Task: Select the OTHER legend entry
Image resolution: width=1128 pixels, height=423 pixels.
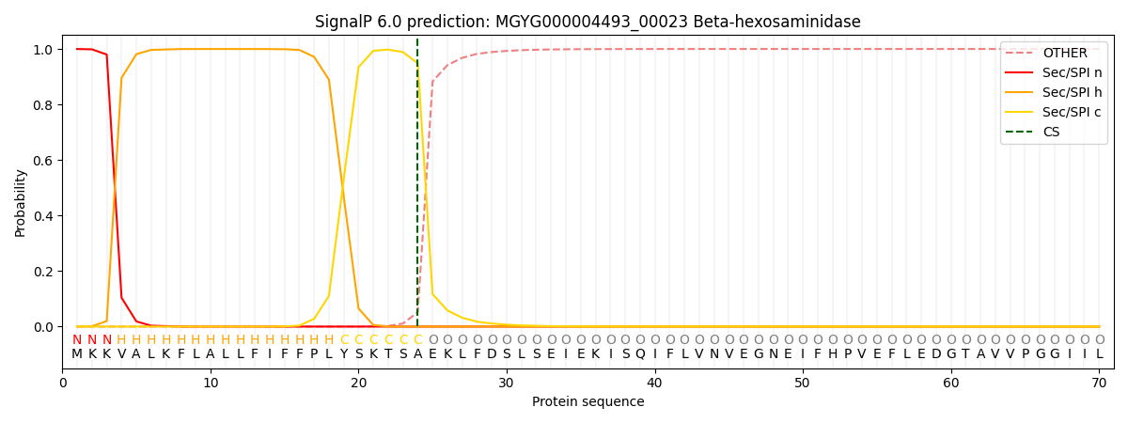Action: (x=1064, y=54)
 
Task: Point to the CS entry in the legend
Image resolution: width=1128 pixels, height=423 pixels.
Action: (x=1051, y=132)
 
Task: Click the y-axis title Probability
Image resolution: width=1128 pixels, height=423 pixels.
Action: (x=21, y=202)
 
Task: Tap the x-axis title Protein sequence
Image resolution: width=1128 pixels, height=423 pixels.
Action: (x=587, y=402)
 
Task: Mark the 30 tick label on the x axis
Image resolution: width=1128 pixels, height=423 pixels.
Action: (x=507, y=383)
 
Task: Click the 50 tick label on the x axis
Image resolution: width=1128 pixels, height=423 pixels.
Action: (x=803, y=383)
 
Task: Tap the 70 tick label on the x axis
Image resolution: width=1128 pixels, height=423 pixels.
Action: (x=1099, y=383)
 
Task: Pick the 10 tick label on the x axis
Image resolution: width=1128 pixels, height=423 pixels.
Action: (x=211, y=383)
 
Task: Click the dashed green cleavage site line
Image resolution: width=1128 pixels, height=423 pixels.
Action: (x=417, y=188)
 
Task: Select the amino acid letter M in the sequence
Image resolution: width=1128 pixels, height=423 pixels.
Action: (x=77, y=354)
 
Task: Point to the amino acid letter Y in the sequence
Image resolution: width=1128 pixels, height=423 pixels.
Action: (x=344, y=354)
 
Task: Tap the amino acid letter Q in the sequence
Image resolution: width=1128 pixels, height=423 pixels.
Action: (x=640, y=354)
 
